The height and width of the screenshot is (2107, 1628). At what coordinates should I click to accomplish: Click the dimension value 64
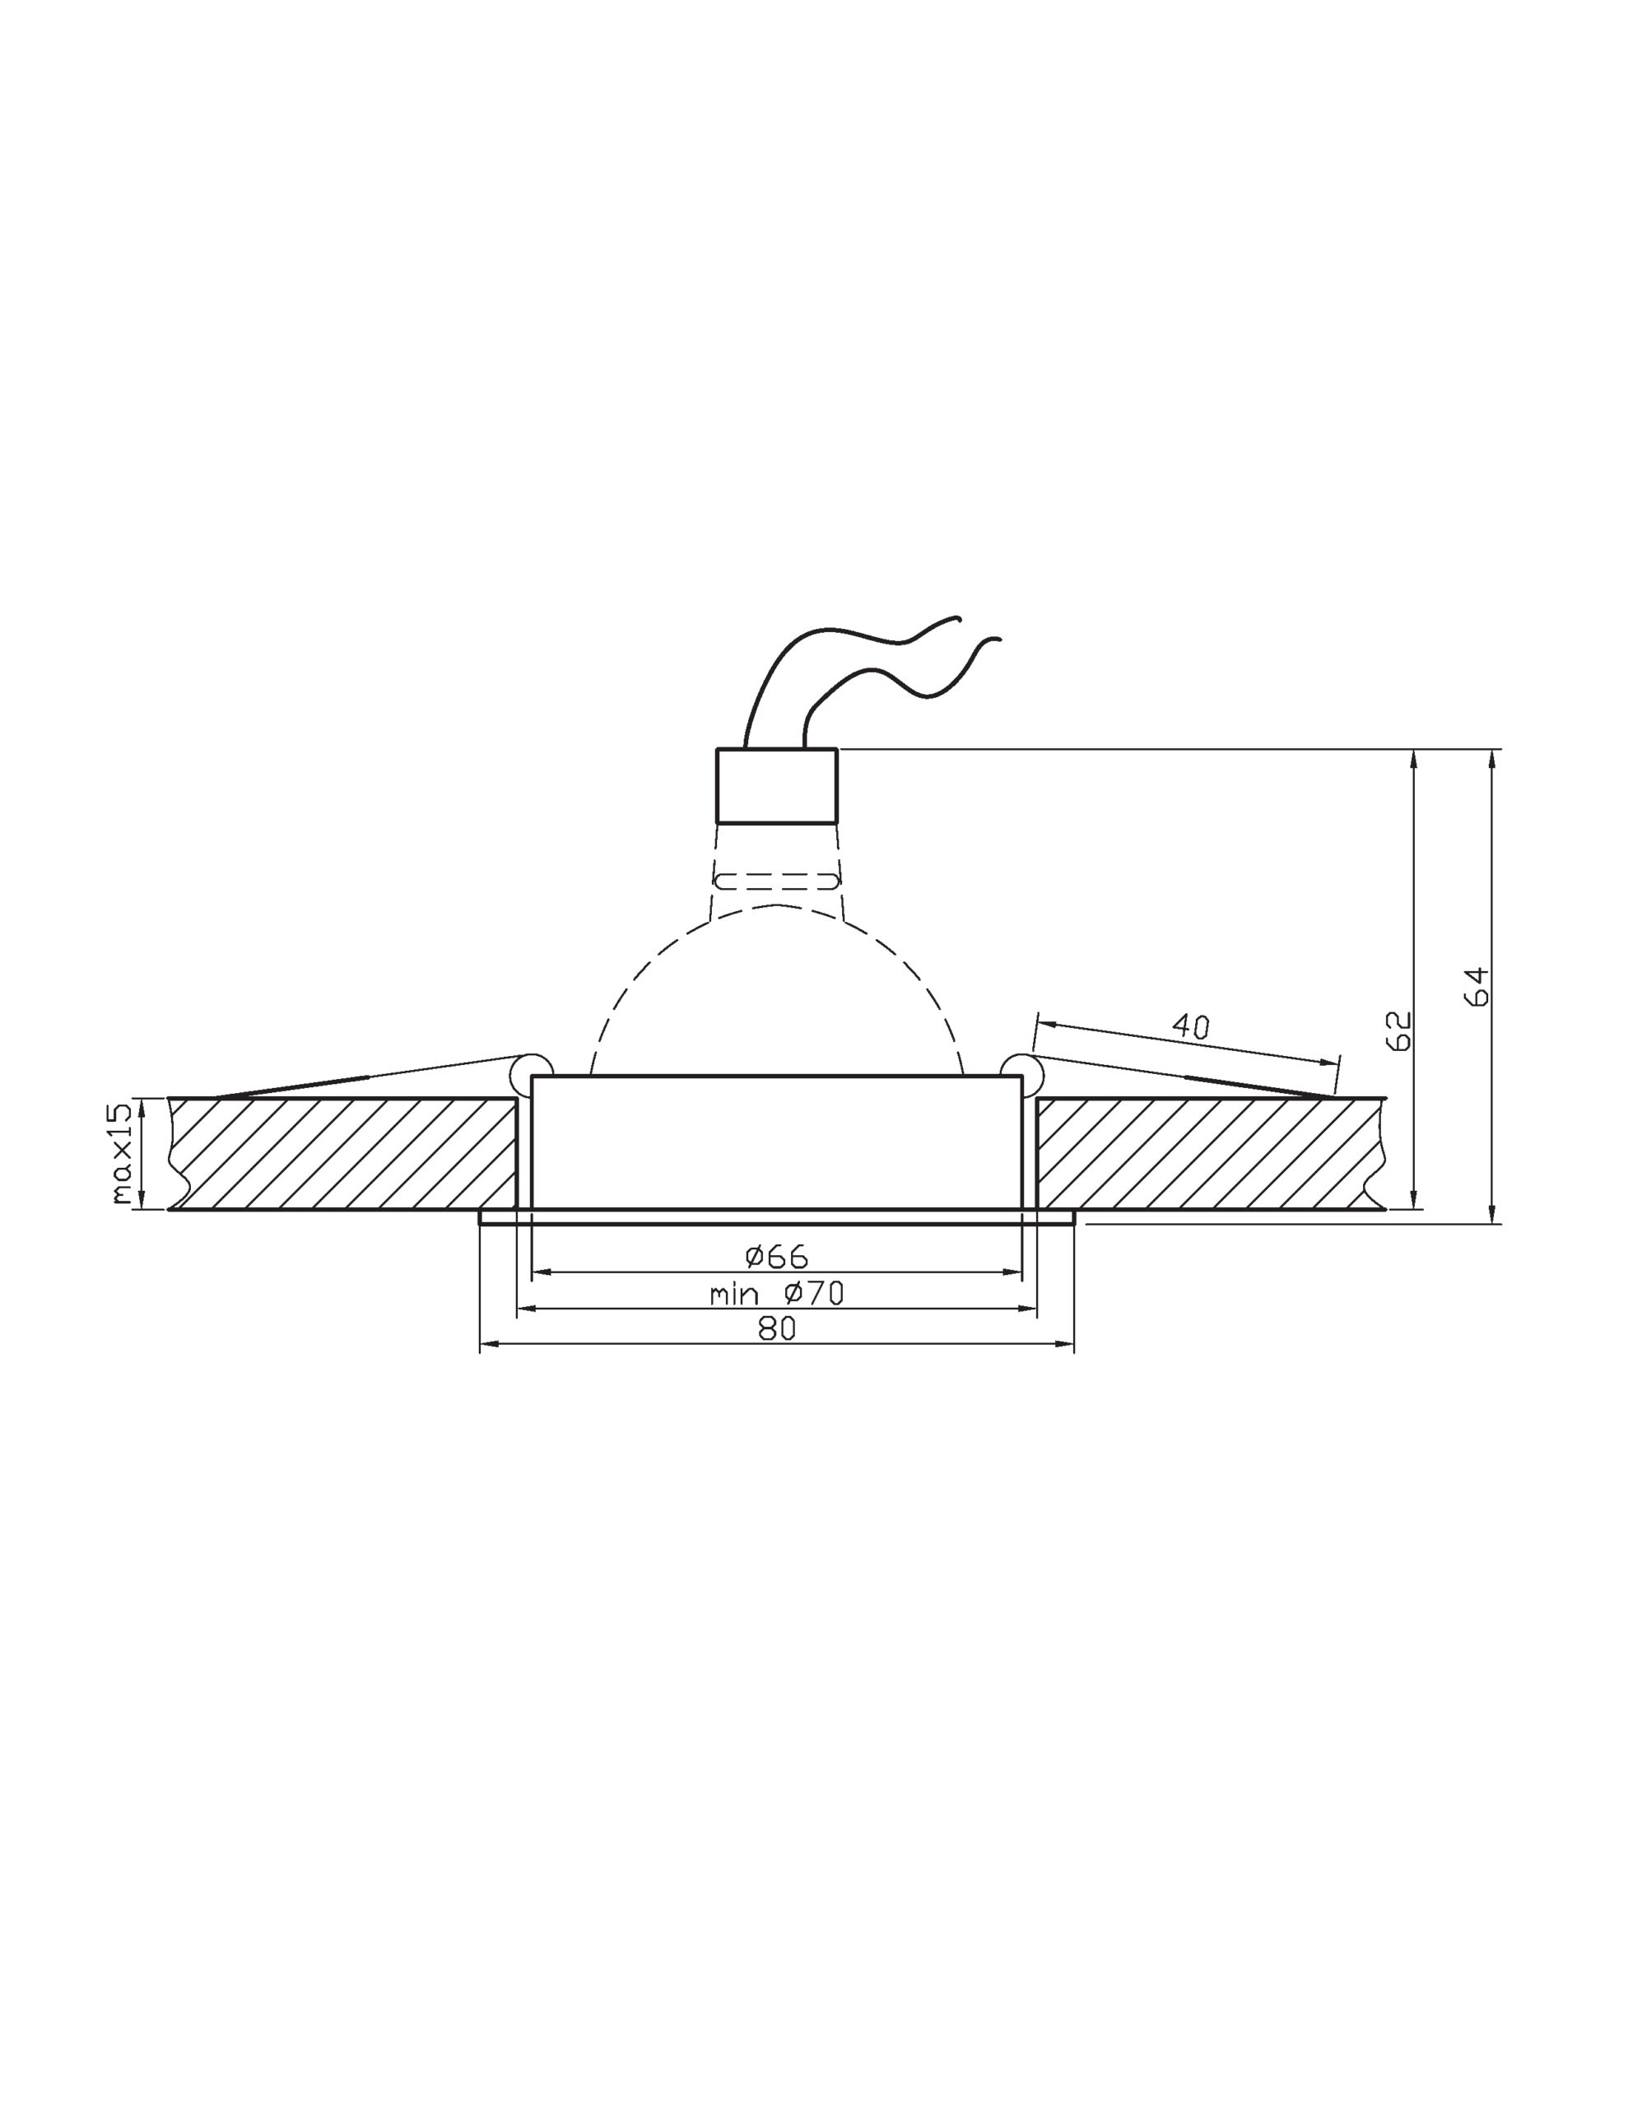1477,987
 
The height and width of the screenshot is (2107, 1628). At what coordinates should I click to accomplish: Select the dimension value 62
1398,1030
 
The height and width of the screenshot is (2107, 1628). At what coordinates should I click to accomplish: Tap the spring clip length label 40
1191,1026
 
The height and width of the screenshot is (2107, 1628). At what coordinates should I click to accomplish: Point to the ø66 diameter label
777,1256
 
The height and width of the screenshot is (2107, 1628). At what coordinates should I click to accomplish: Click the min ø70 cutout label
777,1293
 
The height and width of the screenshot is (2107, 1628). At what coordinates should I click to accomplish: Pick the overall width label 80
777,1328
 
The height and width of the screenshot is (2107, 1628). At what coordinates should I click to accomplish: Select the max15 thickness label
121,1153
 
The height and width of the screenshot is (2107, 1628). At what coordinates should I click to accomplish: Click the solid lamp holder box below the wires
777,785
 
